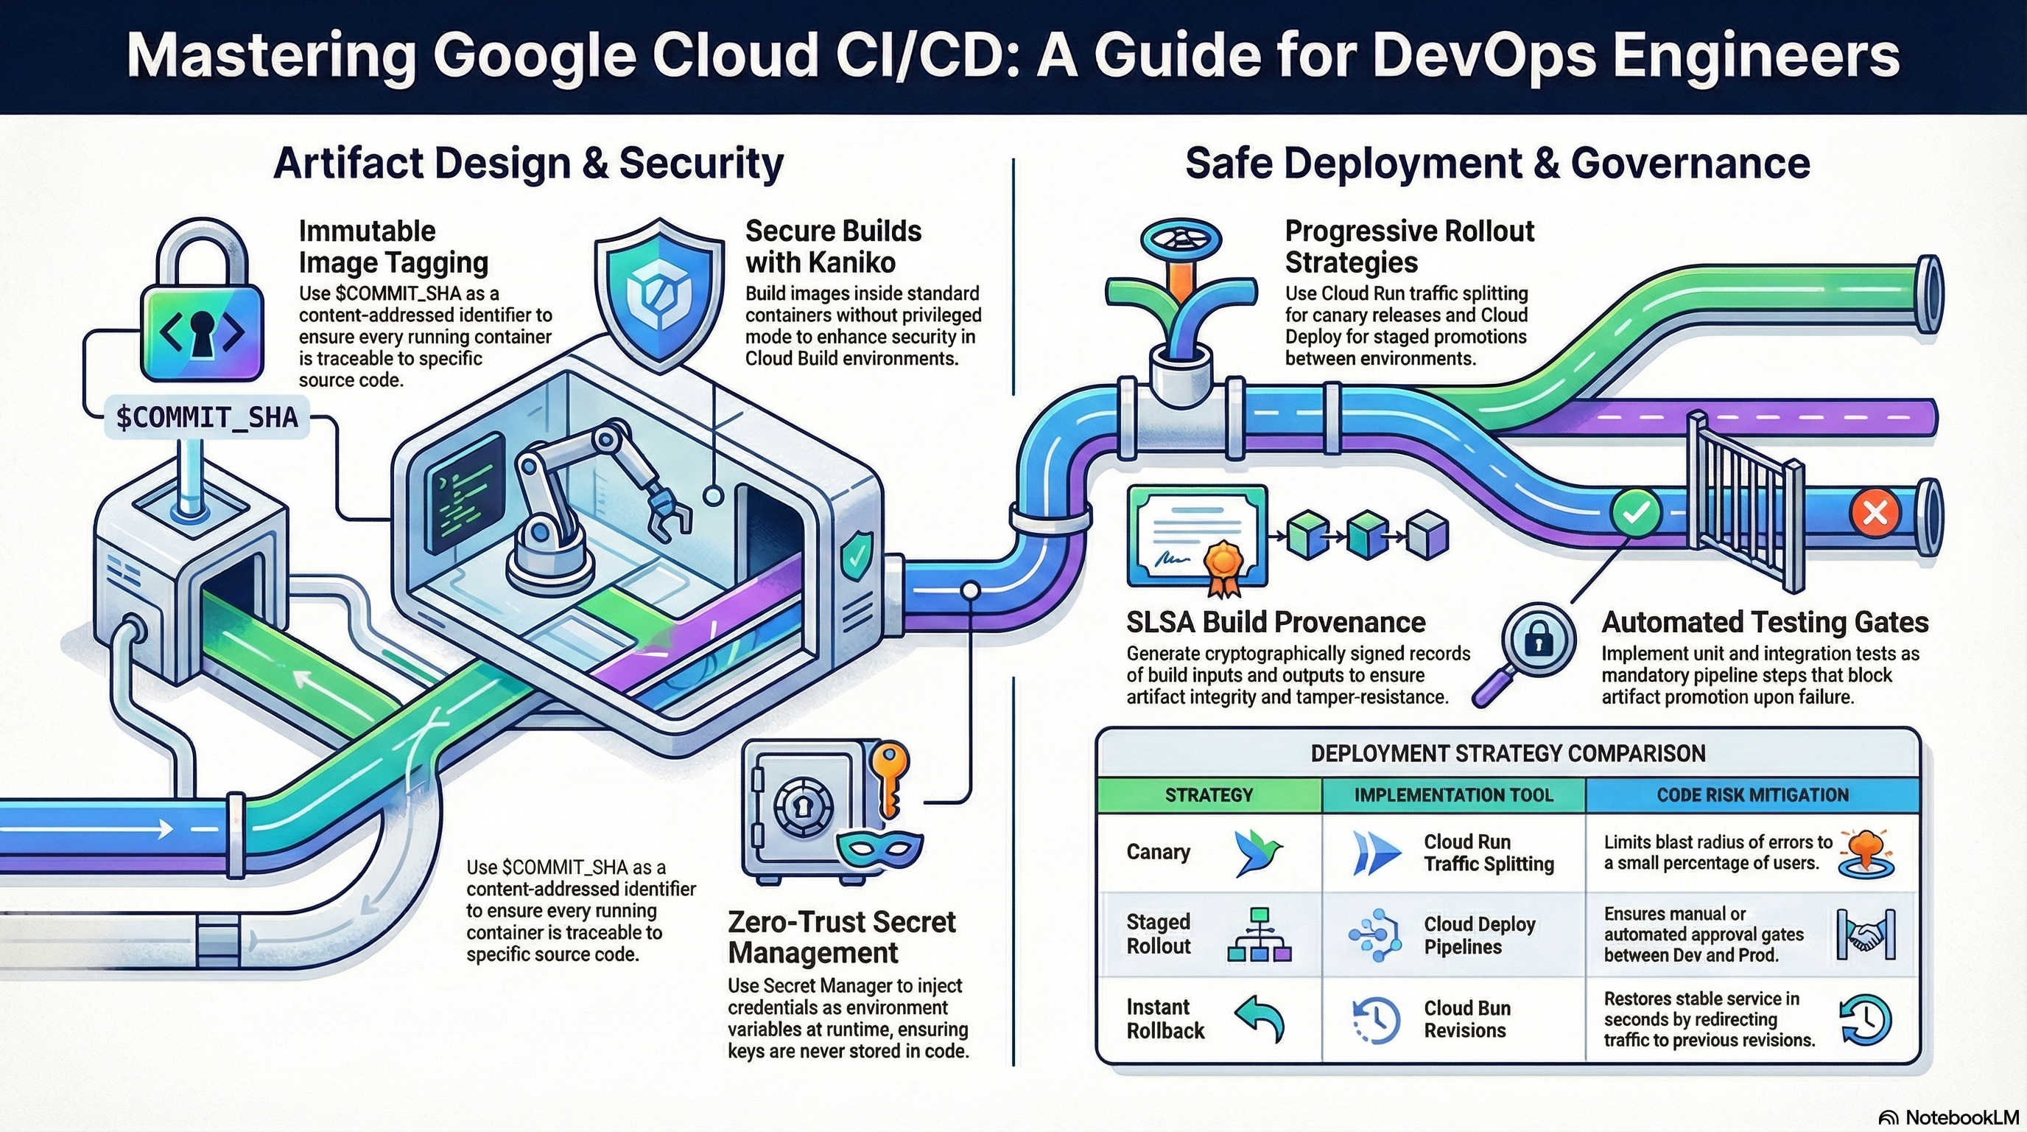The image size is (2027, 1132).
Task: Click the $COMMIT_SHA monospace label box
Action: coord(207,416)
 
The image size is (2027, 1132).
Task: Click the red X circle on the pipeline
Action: coord(1875,512)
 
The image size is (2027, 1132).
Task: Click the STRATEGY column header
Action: coord(1209,795)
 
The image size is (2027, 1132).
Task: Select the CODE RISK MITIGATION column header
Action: coord(1752,795)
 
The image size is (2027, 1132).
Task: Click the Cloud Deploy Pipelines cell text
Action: coord(1479,935)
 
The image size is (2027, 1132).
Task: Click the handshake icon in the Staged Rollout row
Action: coord(1866,934)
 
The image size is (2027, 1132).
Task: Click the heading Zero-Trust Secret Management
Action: coord(841,937)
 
